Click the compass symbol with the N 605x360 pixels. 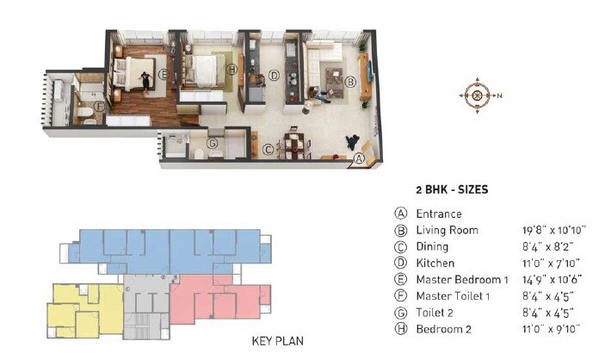(475, 95)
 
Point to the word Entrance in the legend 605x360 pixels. (439, 214)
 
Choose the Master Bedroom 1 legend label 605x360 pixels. (462, 279)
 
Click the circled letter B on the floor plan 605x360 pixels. (350, 83)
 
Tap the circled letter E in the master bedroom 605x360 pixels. (163, 75)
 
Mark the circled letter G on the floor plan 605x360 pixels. (212, 144)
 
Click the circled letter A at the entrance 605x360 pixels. (361, 158)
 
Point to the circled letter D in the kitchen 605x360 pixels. (274, 76)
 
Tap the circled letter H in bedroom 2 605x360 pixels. (231, 69)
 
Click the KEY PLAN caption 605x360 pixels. (277, 341)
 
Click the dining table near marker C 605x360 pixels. (295, 145)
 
